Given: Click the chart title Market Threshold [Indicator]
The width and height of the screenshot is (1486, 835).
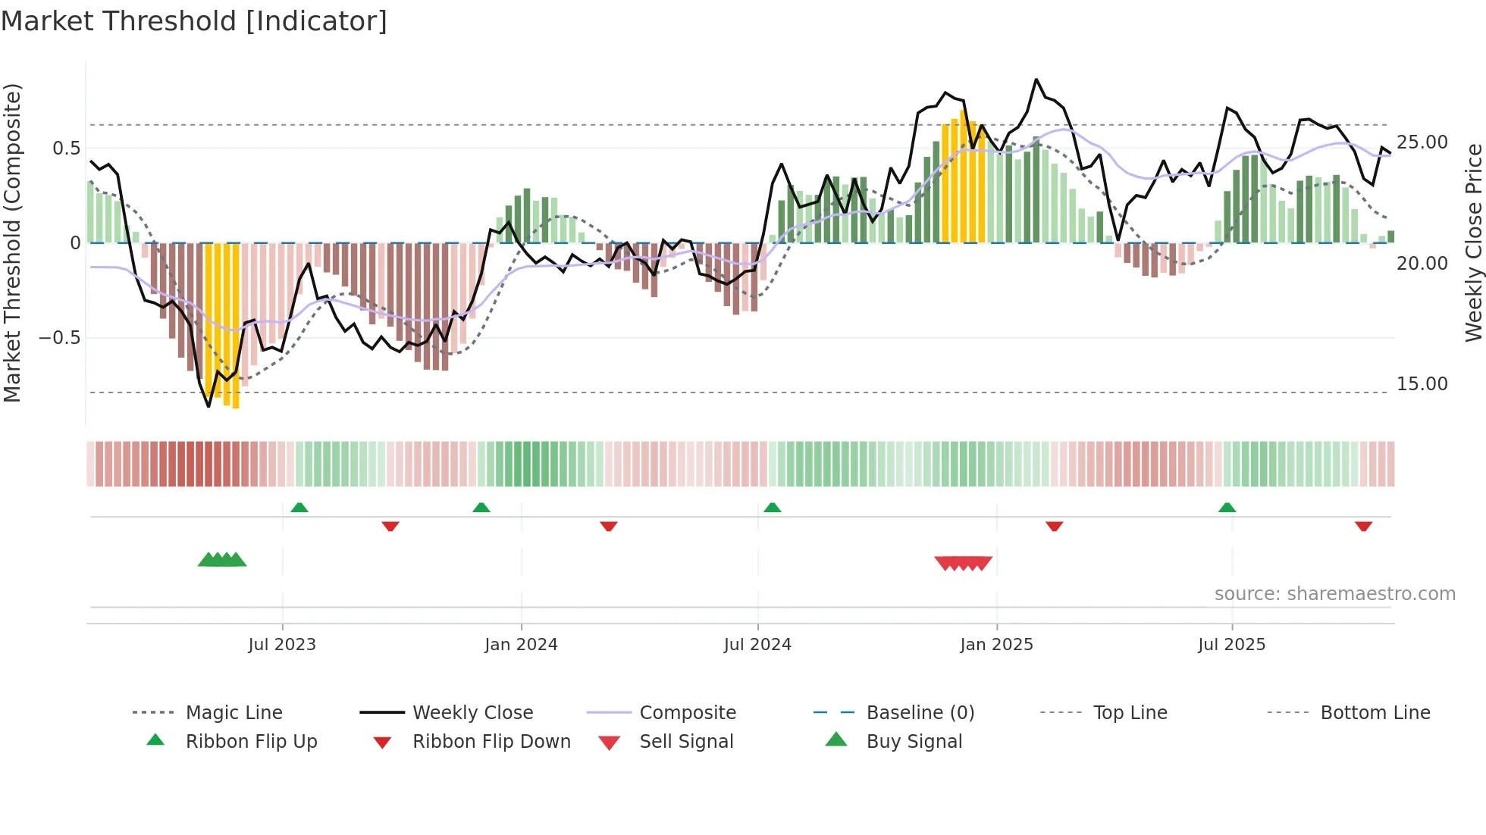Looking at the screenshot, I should point(194,21).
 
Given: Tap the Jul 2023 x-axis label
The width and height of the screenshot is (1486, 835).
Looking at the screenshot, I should point(282,645).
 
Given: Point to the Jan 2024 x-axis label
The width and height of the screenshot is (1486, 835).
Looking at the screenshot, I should point(521,645).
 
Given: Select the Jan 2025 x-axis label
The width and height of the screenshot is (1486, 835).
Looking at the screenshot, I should point(996,645).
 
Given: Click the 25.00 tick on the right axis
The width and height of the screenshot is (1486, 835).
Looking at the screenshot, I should point(1422,142).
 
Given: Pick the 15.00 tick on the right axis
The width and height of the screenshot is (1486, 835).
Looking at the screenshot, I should point(1422,384).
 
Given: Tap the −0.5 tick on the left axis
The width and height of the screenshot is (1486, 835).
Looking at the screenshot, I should point(60,338).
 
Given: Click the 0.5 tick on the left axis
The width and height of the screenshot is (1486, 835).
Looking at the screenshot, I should point(66,149).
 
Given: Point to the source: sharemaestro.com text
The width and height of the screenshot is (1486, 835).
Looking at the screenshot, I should point(1334,594).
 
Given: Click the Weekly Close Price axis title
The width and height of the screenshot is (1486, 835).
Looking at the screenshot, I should point(1473,242).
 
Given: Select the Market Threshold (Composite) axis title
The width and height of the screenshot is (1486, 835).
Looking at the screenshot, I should point(12,242).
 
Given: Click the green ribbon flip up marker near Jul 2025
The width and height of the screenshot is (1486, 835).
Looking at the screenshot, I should point(1227,508).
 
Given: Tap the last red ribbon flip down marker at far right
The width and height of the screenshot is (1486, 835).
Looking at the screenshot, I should point(1363,526).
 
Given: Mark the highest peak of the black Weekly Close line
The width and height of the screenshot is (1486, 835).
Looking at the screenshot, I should point(1036,80).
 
